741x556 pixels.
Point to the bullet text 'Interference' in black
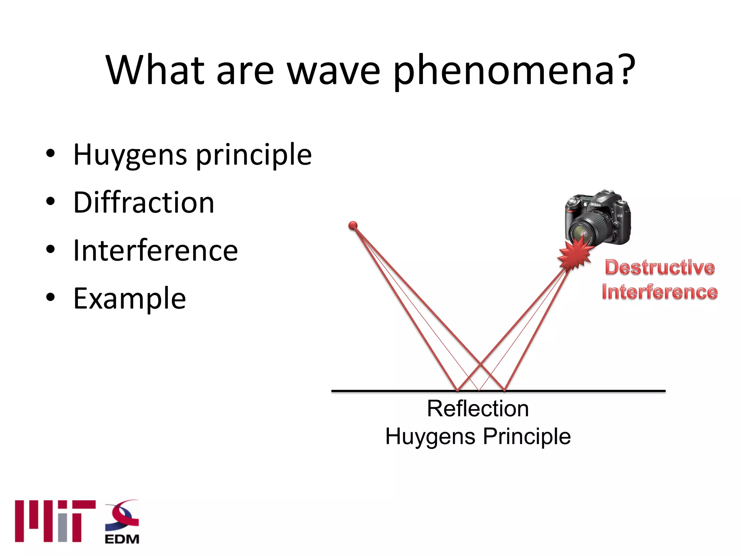click(156, 250)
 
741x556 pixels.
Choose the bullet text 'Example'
click(130, 298)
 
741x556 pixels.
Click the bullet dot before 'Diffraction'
click(51, 201)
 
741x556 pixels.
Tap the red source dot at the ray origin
click(353, 226)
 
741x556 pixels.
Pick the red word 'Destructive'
click(660, 268)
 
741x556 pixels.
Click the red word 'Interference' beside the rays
click(660, 292)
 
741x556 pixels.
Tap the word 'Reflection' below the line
click(478, 409)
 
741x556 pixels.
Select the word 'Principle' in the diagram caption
click(527, 436)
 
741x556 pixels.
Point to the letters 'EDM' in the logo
click(122, 539)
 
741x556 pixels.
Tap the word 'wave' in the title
click(334, 71)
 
